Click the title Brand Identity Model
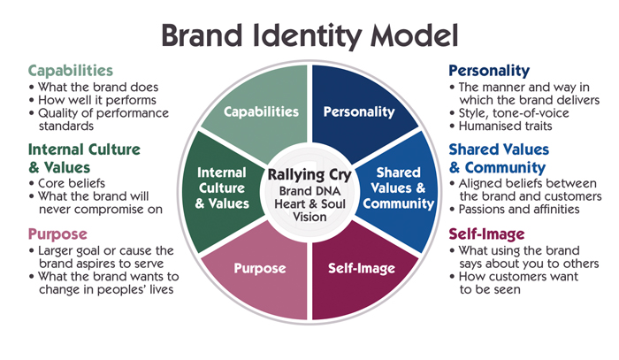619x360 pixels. (309, 35)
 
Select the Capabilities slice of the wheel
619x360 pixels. (259, 111)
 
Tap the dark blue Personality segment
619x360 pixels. (358, 111)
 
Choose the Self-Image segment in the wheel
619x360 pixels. (360, 266)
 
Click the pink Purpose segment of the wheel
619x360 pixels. (258, 266)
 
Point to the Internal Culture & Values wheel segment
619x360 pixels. (222, 188)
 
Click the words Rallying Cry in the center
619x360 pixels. (309, 172)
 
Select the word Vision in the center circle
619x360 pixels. (309, 218)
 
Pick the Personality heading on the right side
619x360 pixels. (489, 70)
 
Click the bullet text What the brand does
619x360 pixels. (94, 87)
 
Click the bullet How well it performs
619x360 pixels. (95, 100)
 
